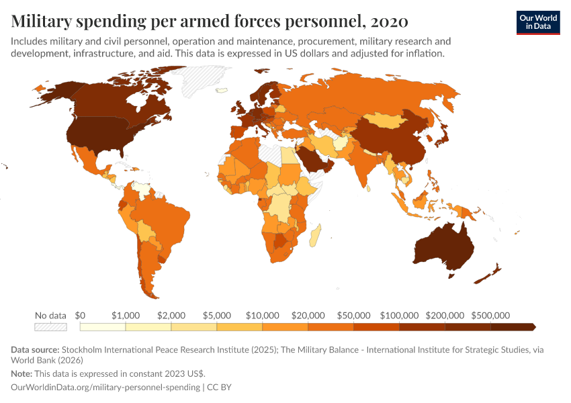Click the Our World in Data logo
(537, 22)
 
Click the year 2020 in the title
(388, 21)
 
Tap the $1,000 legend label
(126, 315)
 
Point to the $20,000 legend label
(308, 315)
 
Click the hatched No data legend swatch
(51, 327)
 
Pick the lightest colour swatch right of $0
(103, 327)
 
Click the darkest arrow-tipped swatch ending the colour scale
(513, 327)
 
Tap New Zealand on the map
(490, 272)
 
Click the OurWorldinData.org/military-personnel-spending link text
(107, 388)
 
